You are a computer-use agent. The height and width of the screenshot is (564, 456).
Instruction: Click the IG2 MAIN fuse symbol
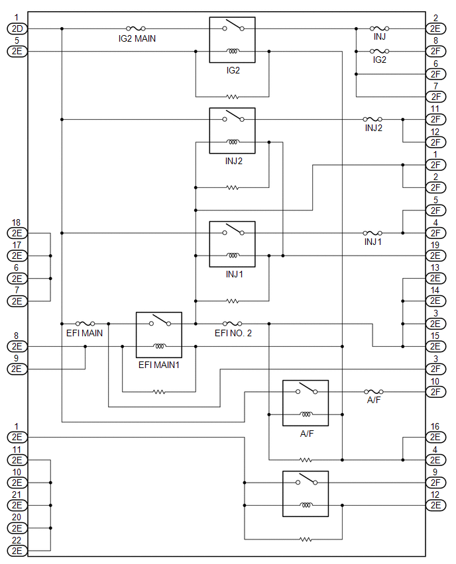(x=136, y=28)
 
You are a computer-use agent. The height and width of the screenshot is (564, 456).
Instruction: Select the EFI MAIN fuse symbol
(x=85, y=323)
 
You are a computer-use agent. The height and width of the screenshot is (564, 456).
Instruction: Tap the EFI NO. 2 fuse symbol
(x=233, y=323)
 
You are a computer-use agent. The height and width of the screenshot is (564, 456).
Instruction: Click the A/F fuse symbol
(x=374, y=392)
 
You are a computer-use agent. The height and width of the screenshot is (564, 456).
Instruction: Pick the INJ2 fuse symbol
(x=372, y=119)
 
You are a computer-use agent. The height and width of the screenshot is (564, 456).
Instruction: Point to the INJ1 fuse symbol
(x=372, y=233)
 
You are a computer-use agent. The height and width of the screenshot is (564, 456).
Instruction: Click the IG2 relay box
(x=233, y=40)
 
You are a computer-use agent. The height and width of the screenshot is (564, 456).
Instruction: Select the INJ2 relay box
(x=233, y=130)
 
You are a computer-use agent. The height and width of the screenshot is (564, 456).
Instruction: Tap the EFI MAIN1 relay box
(x=159, y=335)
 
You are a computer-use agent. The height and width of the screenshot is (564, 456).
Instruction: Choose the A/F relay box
(x=306, y=403)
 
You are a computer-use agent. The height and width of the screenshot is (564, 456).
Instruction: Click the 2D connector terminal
(x=17, y=28)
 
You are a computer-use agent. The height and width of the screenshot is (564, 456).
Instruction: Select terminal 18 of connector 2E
(x=17, y=233)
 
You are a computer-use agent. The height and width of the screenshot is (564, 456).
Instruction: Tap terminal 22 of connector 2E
(x=17, y=551)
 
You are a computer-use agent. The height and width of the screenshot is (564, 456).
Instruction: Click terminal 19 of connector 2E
(x=435, y=256)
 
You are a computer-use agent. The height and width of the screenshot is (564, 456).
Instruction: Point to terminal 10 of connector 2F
(x=435, y=392)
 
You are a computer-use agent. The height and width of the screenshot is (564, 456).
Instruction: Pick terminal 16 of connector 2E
(x=435, y=438)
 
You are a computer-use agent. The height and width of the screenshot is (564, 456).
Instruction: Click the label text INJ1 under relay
(x=234, y=274)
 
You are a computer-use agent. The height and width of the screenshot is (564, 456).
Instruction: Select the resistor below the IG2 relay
(x=233, y=97)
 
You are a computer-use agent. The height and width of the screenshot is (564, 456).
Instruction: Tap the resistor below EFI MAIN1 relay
(x=159, y=392)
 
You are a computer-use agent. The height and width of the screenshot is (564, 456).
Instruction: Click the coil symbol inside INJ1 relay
(x=233, y=255)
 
